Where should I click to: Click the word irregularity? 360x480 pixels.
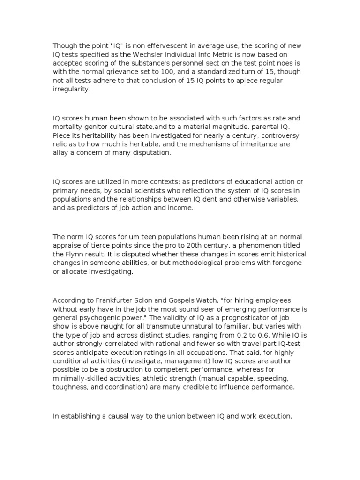tap(70, 90)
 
